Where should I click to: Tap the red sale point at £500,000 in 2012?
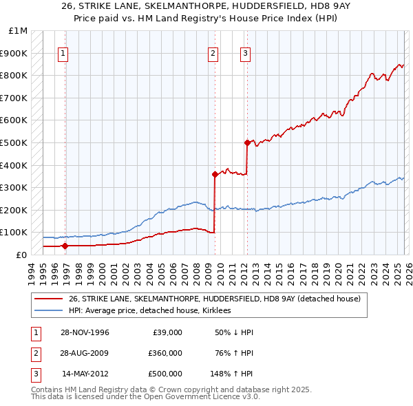[x=246, y=142]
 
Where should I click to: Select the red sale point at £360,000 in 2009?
[x=215, y=174]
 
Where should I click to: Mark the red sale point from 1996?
[x=65, y=246]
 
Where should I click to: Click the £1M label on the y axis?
[x=19, y=31]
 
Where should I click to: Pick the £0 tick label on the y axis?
[x=22, y=255]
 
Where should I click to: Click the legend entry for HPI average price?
[x=149, y=310]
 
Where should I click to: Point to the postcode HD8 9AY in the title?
[x=326, y=6]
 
